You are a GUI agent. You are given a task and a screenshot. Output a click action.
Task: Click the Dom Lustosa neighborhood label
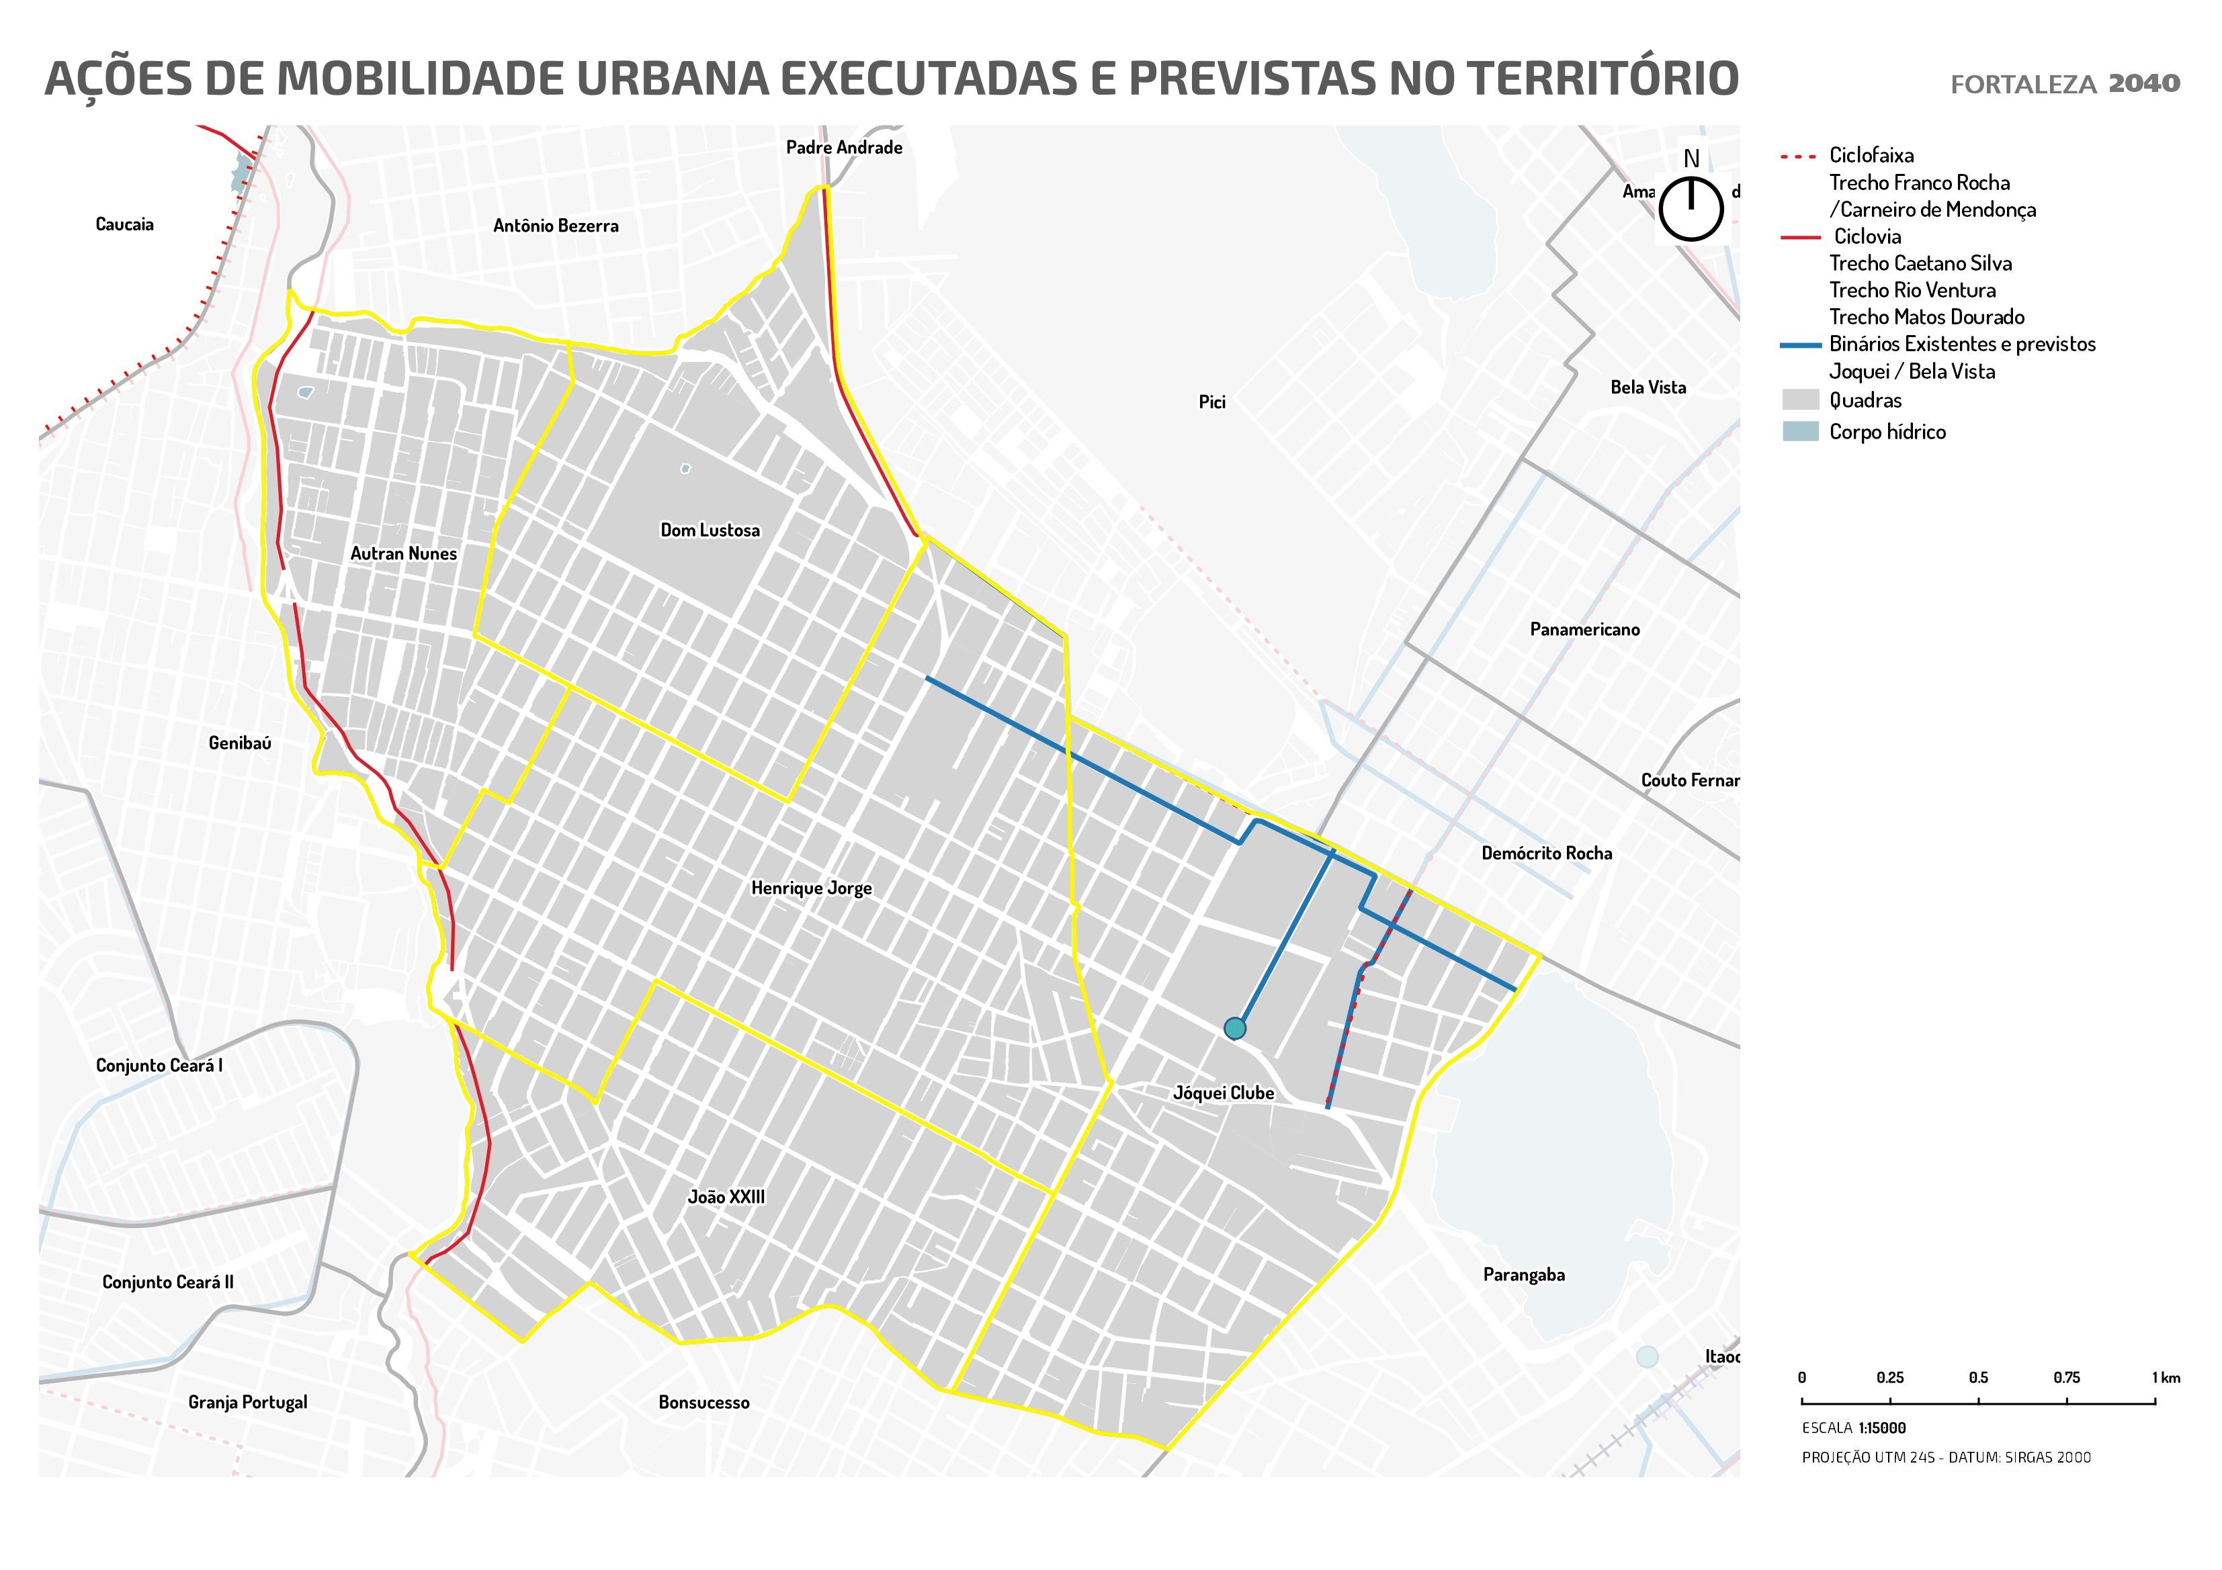pos(710,530)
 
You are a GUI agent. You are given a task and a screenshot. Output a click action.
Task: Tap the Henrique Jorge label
pos(811,888)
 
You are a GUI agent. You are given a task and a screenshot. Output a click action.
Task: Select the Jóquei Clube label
pos(1224,1093)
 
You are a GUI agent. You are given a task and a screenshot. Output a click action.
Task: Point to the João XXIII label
pos(726,1197)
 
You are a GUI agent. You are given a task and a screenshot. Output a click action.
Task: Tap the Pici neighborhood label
pos(1211,402)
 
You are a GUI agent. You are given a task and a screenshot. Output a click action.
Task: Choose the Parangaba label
pos(1523,1275)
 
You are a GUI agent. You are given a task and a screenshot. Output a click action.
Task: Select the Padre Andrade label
pos(844,148)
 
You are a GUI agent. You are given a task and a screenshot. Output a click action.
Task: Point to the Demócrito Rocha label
pos(1547,853)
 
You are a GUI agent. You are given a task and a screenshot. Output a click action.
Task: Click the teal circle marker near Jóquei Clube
pos(1235,1028)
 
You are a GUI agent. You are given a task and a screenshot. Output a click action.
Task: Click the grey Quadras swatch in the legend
pos(1800,400)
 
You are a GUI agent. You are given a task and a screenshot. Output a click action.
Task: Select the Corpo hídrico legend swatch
pos(1800,431)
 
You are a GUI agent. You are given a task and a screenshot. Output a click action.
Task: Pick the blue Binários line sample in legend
pos(1801,344)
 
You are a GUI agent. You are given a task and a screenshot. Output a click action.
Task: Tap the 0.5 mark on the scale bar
pos(1978,1377)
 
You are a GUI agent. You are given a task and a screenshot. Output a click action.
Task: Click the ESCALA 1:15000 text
pos(1853,1428)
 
